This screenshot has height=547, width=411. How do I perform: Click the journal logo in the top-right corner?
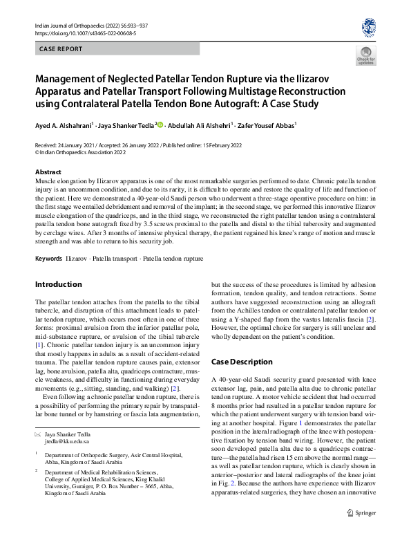point(369,27)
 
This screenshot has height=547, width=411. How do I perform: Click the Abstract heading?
point(48,171)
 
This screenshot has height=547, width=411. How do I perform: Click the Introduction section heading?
point(59,284)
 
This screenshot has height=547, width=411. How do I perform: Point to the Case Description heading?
point(242,361)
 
